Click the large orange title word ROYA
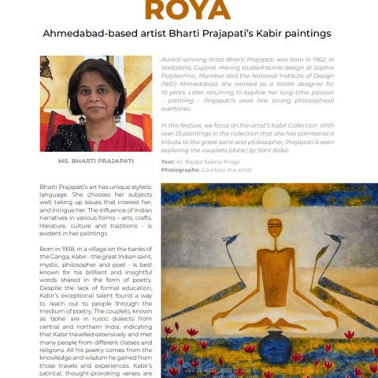[x=188, y=9]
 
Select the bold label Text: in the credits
[x=168, y=161]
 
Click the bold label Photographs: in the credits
[x=182, y=169]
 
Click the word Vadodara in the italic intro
[x=178, y=69]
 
